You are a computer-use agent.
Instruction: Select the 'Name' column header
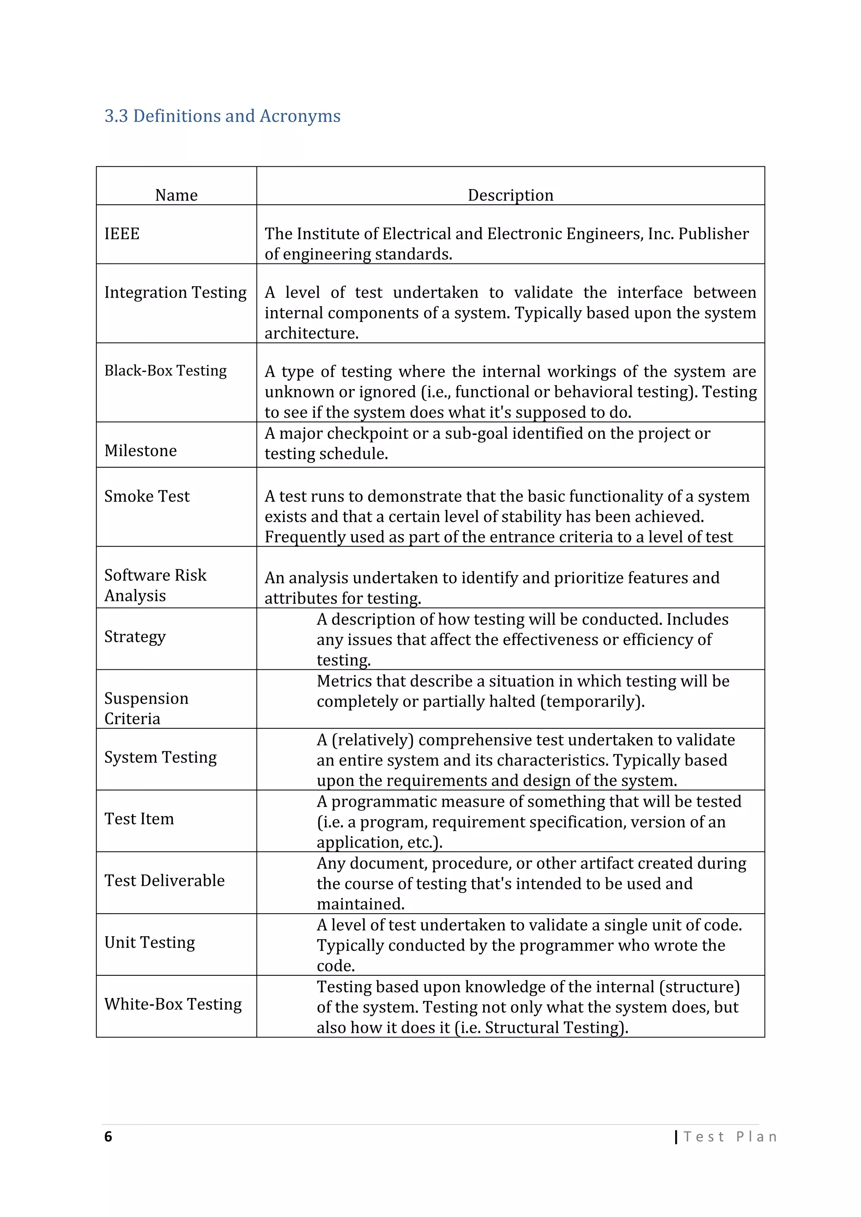point(176,195)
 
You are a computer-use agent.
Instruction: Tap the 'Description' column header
point(510,195)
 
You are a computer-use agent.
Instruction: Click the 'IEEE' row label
point(122,234)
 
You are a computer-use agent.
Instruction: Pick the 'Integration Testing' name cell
point(175,292)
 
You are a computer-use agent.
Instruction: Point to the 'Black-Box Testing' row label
point(165,371)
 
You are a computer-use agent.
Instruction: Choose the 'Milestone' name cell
point(140,450)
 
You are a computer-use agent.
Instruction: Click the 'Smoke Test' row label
point(147,496)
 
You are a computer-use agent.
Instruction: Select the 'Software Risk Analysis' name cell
point(155,585)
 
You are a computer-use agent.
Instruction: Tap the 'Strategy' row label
point(135,637)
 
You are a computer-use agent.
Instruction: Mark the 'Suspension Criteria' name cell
point(146,708)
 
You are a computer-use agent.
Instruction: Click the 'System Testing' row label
point(161,757)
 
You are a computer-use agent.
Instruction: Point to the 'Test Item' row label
point(139,819)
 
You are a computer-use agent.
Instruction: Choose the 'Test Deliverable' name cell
point(164,880)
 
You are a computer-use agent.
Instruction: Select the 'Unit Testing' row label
point(150,943)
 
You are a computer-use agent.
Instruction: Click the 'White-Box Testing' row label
point(173,1004)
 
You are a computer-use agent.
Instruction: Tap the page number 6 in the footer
point(108,1136)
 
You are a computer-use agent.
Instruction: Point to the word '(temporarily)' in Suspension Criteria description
point(592,702)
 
